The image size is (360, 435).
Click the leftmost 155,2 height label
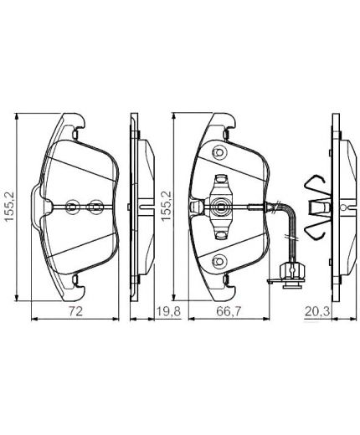(9, 205)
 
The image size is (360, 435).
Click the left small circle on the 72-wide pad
(73, 205)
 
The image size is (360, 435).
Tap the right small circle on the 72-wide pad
(95, 205)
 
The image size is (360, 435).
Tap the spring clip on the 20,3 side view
(316, 203)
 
